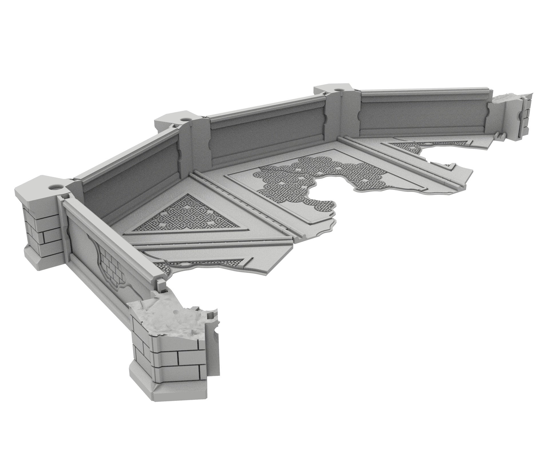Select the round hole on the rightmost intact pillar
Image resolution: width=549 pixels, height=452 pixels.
[x=338, y=90]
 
